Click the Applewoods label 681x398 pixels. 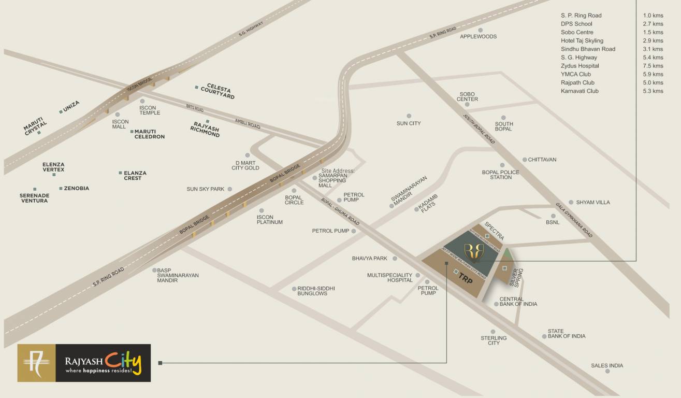coord(478,37)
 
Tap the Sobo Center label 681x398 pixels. coord(467,97)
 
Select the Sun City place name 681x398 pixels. coord(409,123)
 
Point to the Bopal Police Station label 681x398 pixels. coord(497,175)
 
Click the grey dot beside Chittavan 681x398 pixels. coord(525,160)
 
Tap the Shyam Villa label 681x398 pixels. coord(593,202)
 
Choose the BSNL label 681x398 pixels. coord(553,222)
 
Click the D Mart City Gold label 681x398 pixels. coord(245,165)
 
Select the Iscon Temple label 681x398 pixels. coord(150,110)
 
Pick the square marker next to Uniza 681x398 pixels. coord(61,111)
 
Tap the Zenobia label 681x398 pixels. coord(77,188)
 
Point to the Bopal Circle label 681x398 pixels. coord(294,200)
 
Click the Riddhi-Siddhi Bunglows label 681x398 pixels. coord(316,291)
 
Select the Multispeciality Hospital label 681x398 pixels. coord(389,278)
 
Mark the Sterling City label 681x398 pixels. coord(494,340)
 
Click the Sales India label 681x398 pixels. coord(607,365)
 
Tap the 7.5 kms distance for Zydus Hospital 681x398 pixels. coord(653,66)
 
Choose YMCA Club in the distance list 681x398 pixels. coord(575,74)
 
